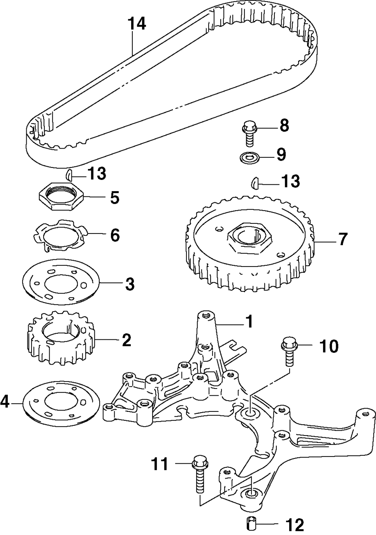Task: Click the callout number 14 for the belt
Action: click(136, 24)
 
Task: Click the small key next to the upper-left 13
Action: click(68, 175)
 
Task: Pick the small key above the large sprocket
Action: click(255, 183)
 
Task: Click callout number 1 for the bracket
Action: click(249, 322)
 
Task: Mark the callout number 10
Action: click(329, 346)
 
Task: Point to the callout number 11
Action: click(160, 465)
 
